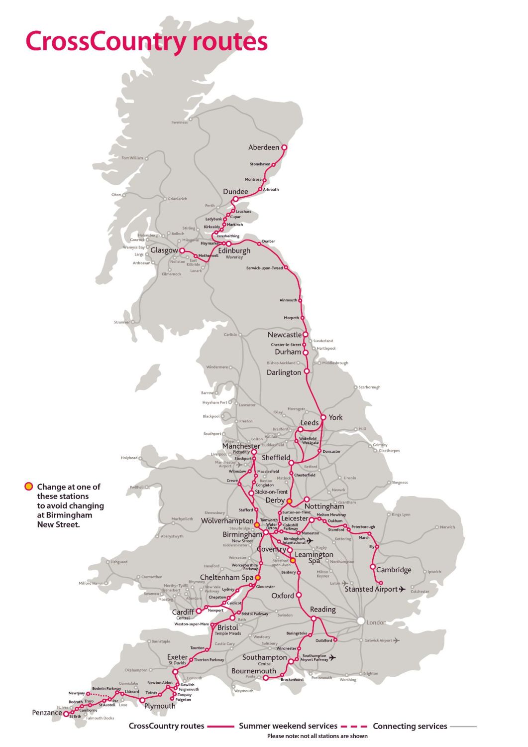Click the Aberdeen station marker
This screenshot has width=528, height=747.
pyautogui.click(x=284, y=147)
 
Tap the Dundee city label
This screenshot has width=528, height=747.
pyautogui.click(x=235, y=192)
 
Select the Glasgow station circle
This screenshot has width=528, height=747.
pyautogui.click(x=182, y=250)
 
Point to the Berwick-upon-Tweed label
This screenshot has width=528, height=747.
pyautogui.click(x=264, y=268)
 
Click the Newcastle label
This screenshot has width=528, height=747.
pyautogui.click(x=284, y=335)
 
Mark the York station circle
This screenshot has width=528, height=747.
pyautogui.click(x=323, y=417)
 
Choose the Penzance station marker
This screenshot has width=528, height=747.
pyautogui.click(x=66, y=714)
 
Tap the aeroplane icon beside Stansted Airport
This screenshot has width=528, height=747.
pyautogui.click(x=403, y=589)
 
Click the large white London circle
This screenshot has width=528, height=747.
pyautogui.click(x=360, y=621)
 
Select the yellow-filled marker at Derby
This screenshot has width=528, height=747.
pyautogui.click(x=289, y=501)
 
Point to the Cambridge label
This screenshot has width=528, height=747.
pyautogui.click(x=394, y=570)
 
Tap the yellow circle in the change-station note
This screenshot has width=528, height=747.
pyautogui.click(x=29, y=487)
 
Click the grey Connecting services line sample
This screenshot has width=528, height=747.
pyautogui.click(x=463, y=726)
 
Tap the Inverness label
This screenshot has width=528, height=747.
pyautogui.click(x=180, y=123)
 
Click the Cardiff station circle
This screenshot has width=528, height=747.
pyautogui.click(x=199, y=611)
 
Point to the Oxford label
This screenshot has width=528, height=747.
pyautogui.click(x=282, y=596)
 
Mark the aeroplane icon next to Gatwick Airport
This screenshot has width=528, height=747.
pyautogui.click(x=396, y=640)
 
